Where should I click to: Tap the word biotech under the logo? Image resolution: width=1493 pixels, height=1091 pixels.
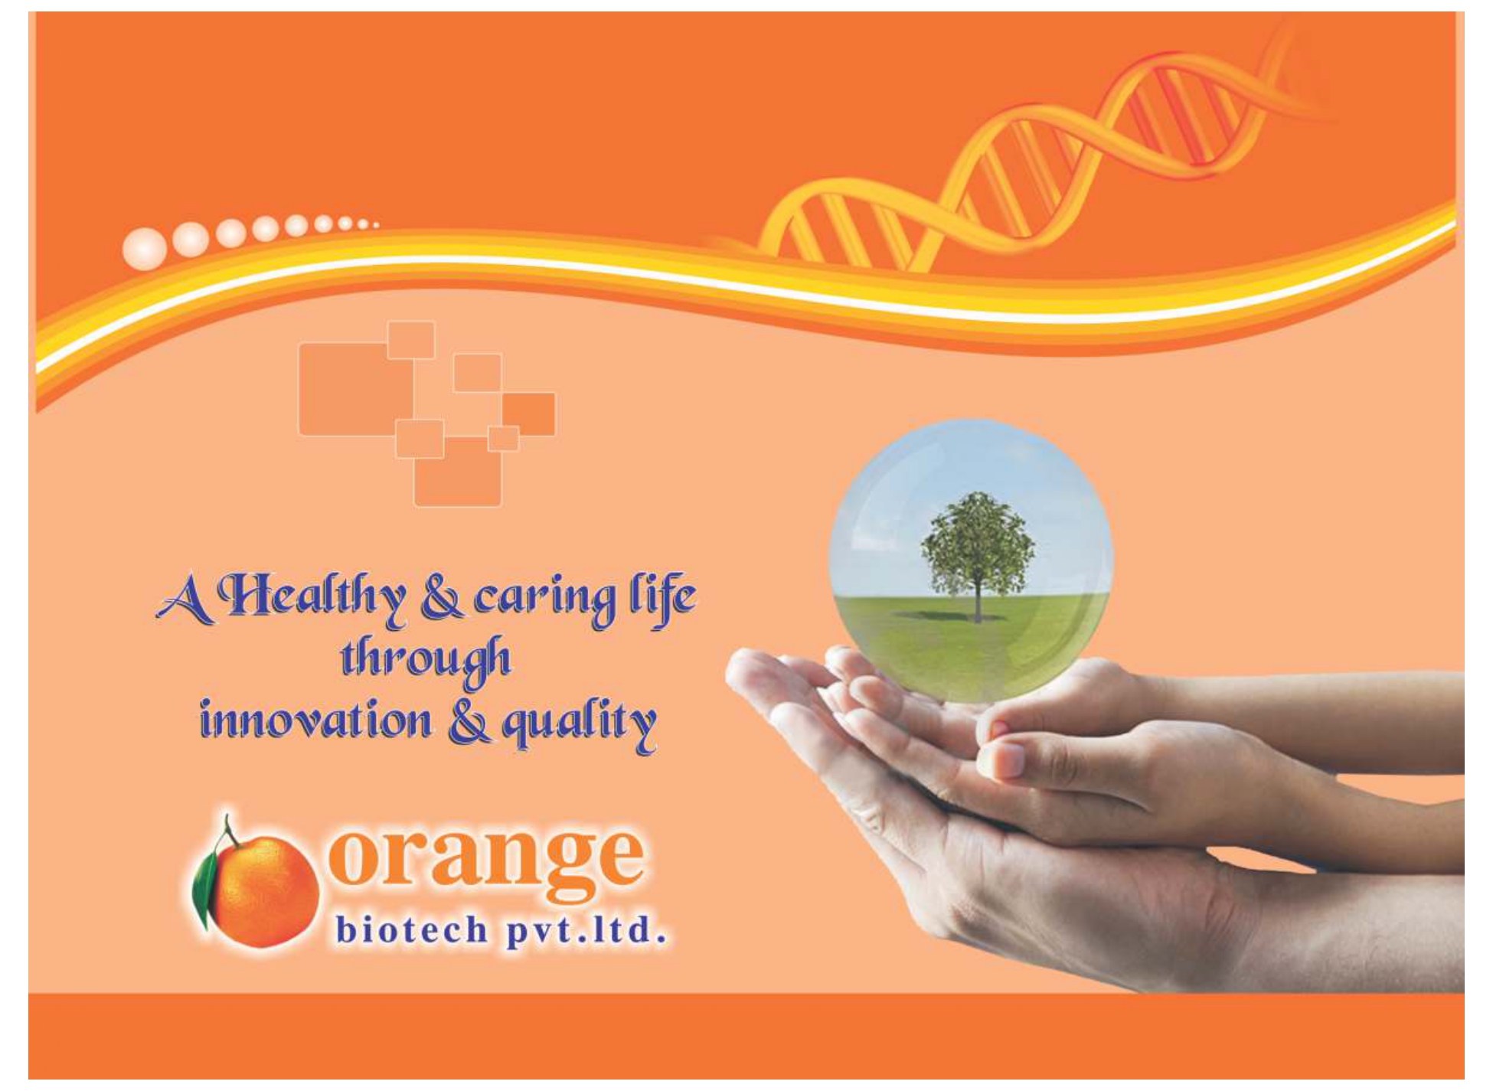[412, 929]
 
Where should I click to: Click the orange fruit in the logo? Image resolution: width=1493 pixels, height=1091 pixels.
[264, 890]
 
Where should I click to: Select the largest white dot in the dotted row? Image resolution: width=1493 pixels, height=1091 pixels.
[144, 249]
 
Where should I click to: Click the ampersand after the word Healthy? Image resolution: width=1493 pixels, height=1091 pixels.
[441, 600]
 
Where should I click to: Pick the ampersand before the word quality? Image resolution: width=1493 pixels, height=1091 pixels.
[469, 722]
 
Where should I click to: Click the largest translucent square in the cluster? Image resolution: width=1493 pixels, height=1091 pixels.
[356, 389]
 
